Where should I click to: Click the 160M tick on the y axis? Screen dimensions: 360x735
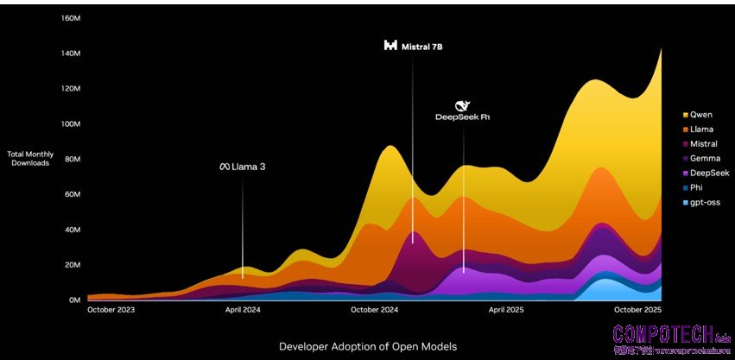click(x=72, y=18)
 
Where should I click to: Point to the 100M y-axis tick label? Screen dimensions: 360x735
click(x=72, y=124)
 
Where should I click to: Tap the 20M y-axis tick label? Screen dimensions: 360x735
click(x=72, y=265)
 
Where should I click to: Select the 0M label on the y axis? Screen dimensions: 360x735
click(x=74, y=300)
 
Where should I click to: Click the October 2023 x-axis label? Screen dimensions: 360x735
click(x=111, y=309)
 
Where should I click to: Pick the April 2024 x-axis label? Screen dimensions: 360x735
click(x=243, y=309)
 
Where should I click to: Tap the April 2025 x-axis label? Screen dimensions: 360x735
click(x=506, y=309)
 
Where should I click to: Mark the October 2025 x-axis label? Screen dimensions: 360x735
click(x=637, y=309)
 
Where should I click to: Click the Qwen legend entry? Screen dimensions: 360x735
click(x=700, y=114)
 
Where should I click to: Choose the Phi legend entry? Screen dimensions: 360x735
click(x=696, y=188)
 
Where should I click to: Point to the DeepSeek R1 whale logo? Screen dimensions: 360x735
click(x=461, y=104)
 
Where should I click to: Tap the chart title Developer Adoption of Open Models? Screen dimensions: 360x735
click(x=367, y=346)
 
